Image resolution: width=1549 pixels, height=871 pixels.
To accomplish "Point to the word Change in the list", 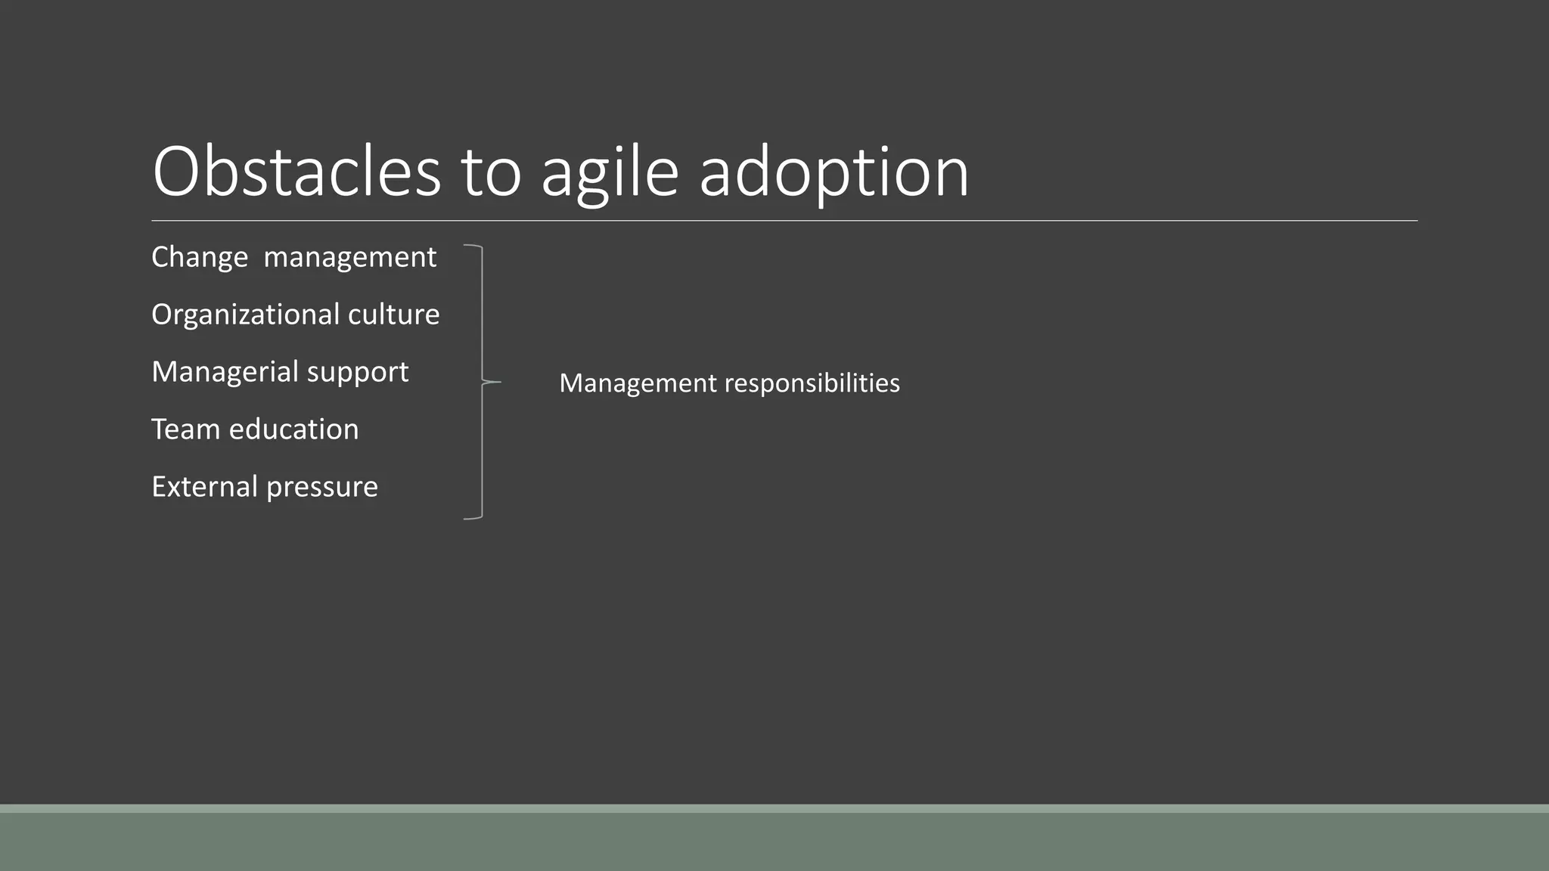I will pos(200,258).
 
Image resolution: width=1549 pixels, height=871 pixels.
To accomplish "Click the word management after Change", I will pos(349,258).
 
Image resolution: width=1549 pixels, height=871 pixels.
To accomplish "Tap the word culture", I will pos(393,315).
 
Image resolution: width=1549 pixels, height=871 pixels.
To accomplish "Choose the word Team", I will pos(185,429).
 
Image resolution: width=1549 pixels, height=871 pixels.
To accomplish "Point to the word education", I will pos(293,429).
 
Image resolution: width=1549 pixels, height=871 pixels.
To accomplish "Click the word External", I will pos(204,487).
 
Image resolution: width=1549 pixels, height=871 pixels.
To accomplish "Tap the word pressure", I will pos(321,488).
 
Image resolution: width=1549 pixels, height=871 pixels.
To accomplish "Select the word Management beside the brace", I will pos(638,383).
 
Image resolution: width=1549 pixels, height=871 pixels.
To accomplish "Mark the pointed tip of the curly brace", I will pos(499,383).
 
